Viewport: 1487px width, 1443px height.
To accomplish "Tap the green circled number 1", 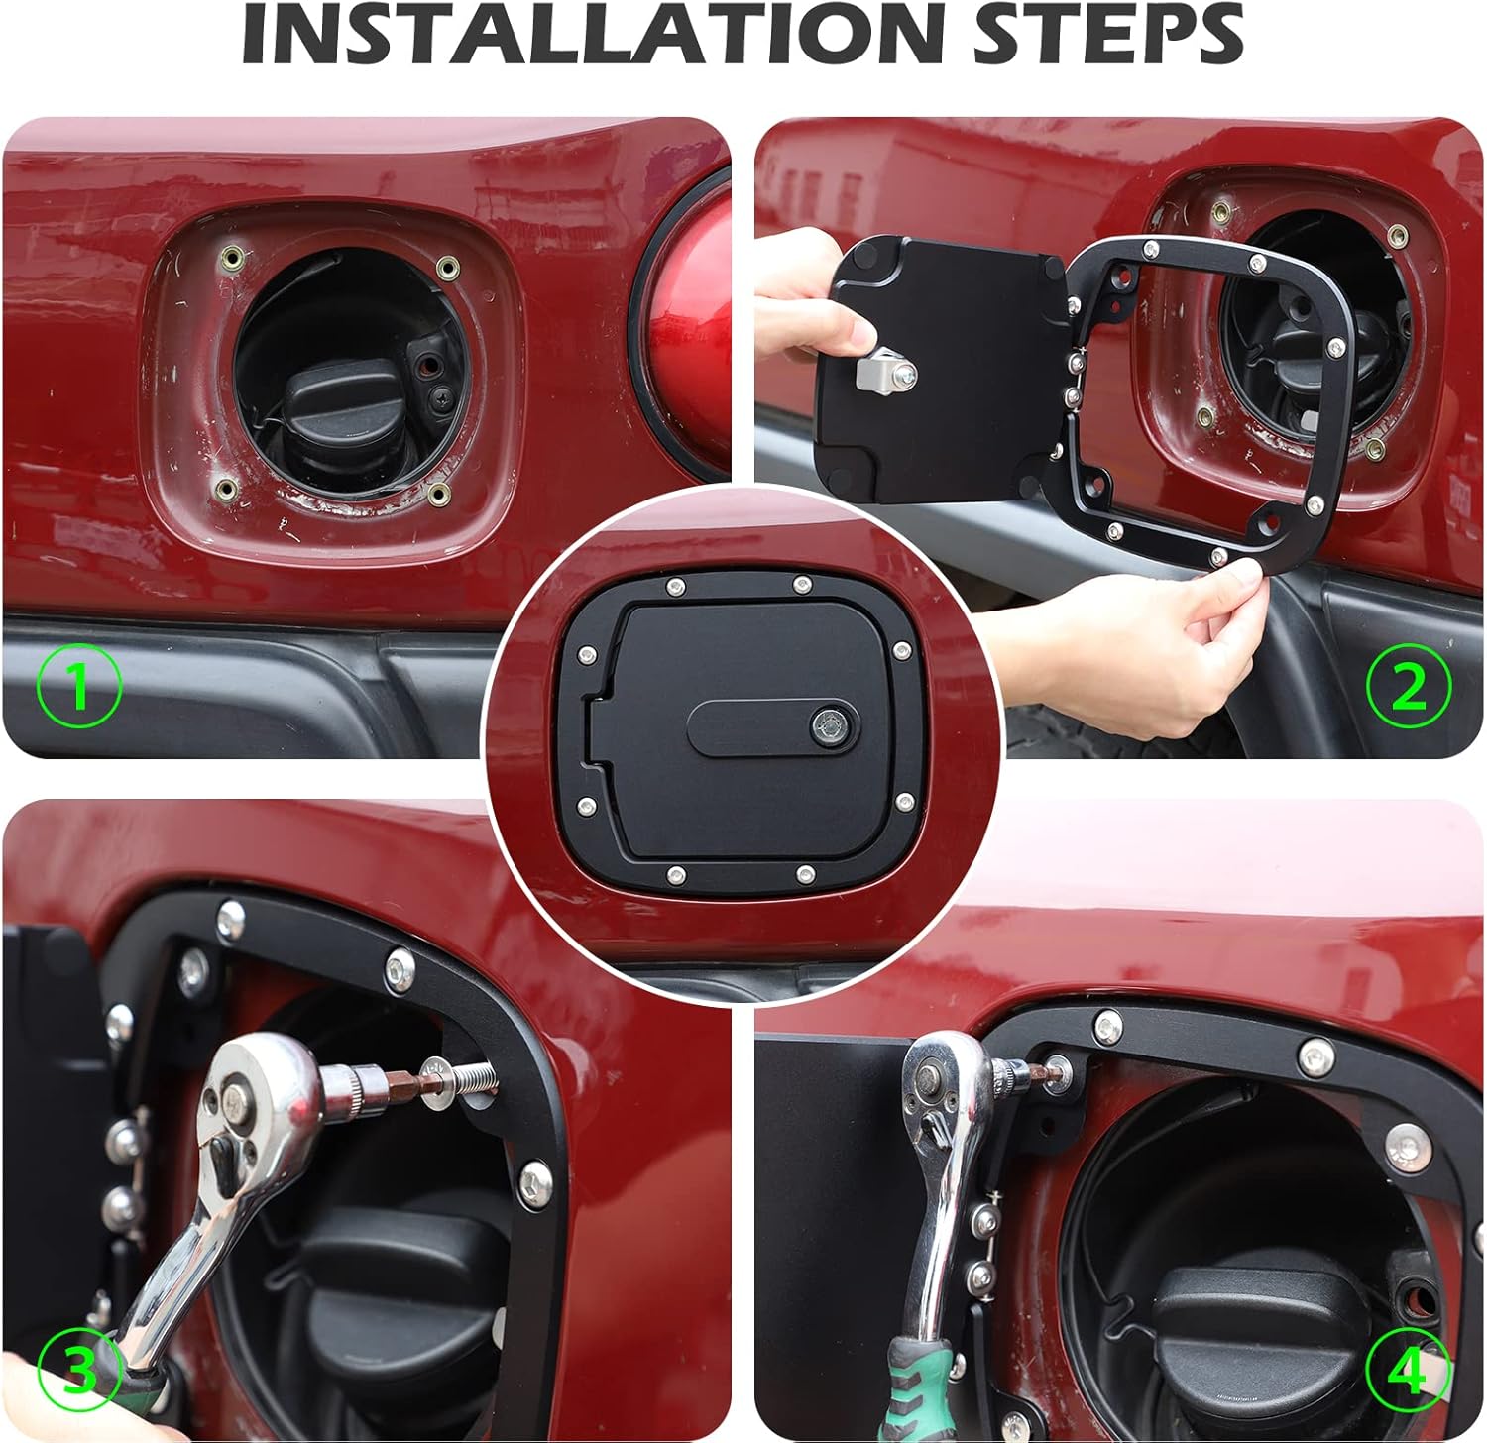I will point(79,685).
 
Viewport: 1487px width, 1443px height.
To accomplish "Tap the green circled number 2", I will point(1409,685).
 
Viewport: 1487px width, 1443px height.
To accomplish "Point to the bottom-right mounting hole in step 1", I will point(438,493).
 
